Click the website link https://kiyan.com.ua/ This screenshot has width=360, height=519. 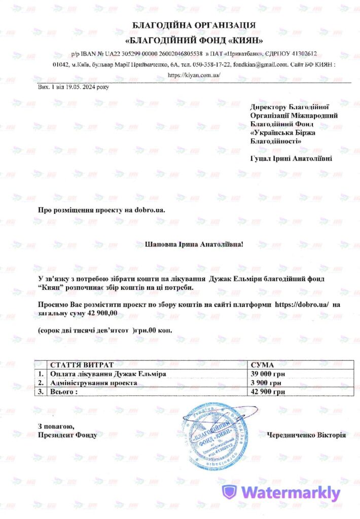194,75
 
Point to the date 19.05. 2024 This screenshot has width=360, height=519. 82,87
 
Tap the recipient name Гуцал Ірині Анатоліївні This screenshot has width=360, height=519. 291,159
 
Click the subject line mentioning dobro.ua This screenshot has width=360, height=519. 102,209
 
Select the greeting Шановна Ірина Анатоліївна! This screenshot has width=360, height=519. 194,244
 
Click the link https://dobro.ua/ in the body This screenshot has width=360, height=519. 302,304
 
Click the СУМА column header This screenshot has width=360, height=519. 262,365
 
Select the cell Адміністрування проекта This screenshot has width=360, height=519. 93,383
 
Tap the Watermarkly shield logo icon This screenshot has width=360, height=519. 230,491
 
